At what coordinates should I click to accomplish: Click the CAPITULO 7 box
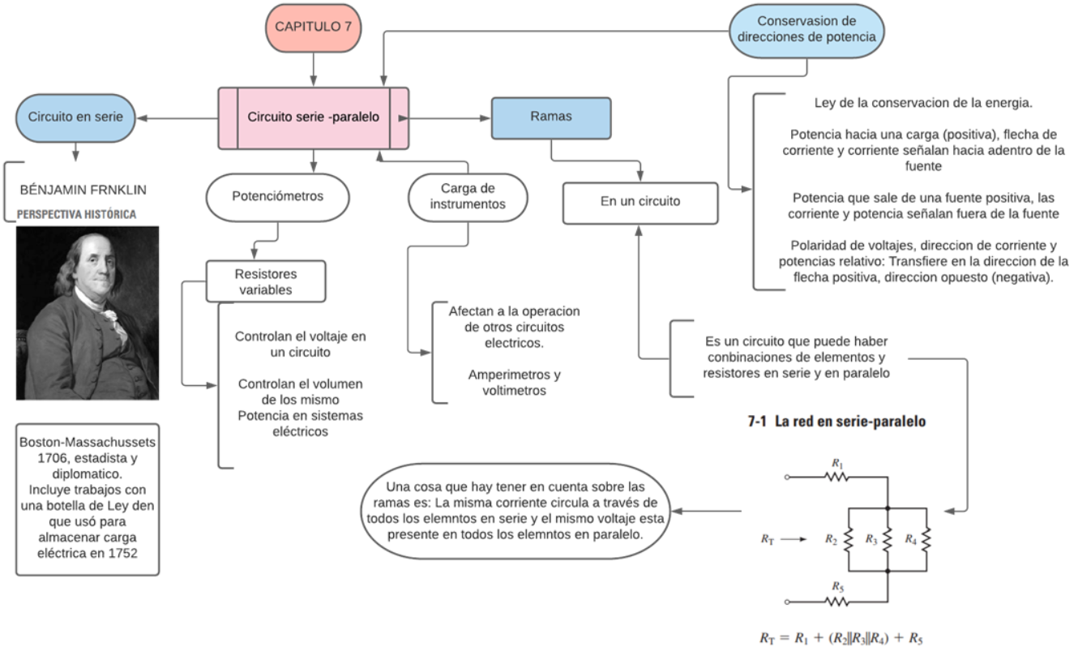[x=313, y=27]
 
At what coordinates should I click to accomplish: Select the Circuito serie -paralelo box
[x=313, y=118]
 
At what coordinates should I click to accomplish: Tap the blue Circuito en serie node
[x=75, y=117]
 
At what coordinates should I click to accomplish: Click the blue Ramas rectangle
[x=551, y=117]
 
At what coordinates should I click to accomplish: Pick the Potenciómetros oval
[x=277, y=196]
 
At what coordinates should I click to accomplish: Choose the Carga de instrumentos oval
[x=468, y=197]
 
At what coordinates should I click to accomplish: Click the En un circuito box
[x=640, y=202]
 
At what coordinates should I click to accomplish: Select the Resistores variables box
[x=266, y=281]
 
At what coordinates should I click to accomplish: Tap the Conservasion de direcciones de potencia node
[x=806, y=29]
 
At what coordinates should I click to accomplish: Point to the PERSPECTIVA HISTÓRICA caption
[x=77, y=215]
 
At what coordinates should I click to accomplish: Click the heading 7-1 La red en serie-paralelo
[x=836, y=422]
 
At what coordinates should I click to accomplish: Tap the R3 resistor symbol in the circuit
[x=888, y=538]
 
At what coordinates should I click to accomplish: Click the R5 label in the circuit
[x=837, y=586]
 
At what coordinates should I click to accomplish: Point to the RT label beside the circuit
[x=768, y=538]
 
